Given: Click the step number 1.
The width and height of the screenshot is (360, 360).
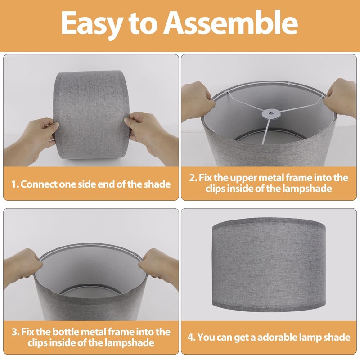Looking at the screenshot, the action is [x=15, y=184].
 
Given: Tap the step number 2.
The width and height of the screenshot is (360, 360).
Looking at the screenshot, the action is [x=193, y=178].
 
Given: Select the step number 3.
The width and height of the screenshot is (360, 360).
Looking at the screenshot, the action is [x=16, y=332].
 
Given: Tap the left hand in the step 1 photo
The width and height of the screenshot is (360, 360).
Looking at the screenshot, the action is [x=32, y=140].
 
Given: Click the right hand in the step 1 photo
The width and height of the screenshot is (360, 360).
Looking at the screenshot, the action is [x=149, y=135].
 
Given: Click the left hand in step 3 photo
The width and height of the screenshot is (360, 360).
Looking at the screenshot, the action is [x=22, y=269].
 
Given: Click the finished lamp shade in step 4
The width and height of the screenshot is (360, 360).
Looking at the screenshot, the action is [x=269, y=265].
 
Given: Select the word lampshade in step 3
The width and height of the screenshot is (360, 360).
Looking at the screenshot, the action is [x=129, y=343].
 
